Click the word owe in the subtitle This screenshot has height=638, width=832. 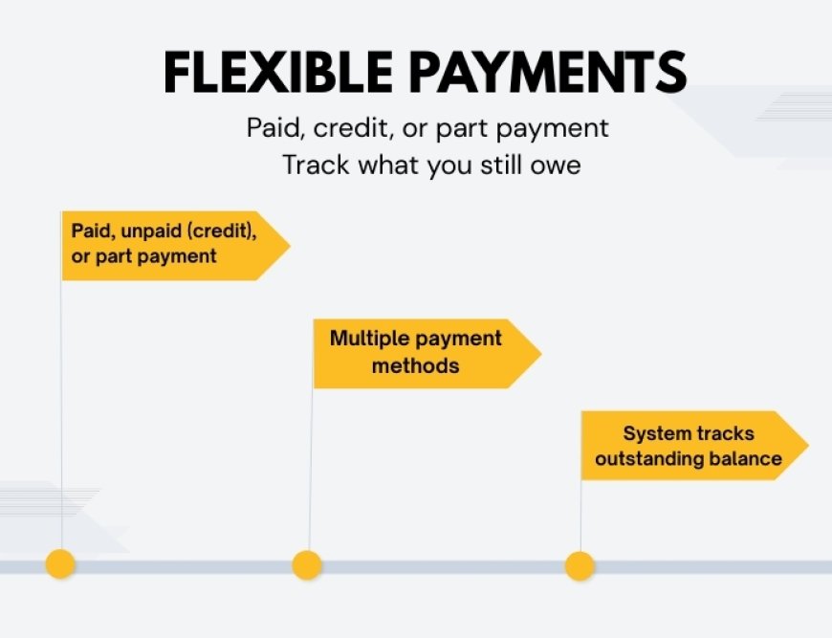click(x=556, y=165)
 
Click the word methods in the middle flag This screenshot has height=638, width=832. click(x=415, y=365)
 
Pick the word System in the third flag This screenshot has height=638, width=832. click(x=656, y=433)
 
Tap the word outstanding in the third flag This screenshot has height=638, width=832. click(x=648, y=458)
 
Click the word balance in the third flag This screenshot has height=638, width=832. click(x=744, y=458)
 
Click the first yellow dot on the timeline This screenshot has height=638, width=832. click(x=60, y=564)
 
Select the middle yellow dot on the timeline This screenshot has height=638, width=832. click(x=307, y=565)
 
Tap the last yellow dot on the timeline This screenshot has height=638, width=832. click(x=580, y=565)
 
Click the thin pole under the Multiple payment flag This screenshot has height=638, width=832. click(x=310, y=469)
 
